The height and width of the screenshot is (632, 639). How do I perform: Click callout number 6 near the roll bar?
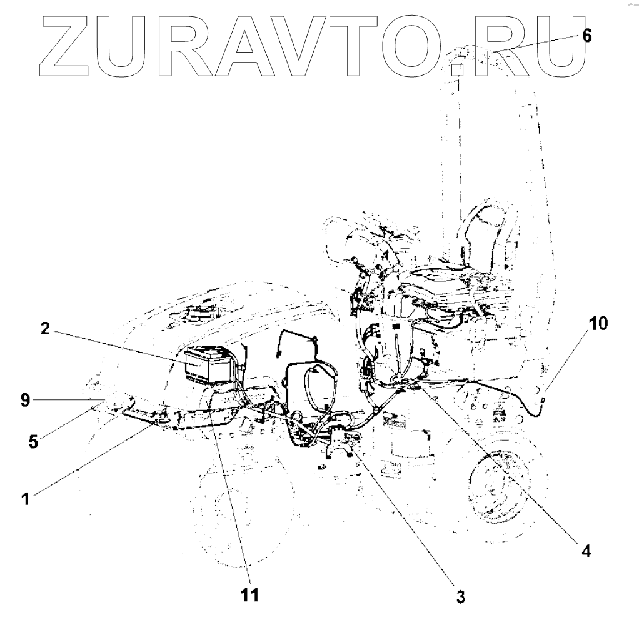[x=586, y=35]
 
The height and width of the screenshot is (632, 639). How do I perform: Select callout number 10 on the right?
[x=597, y=323]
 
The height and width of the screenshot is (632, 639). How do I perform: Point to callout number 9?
[x=24, y=401]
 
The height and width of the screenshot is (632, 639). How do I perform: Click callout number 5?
[x=33, y=441]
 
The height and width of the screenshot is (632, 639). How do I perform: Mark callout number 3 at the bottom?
[x=460, y=596]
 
